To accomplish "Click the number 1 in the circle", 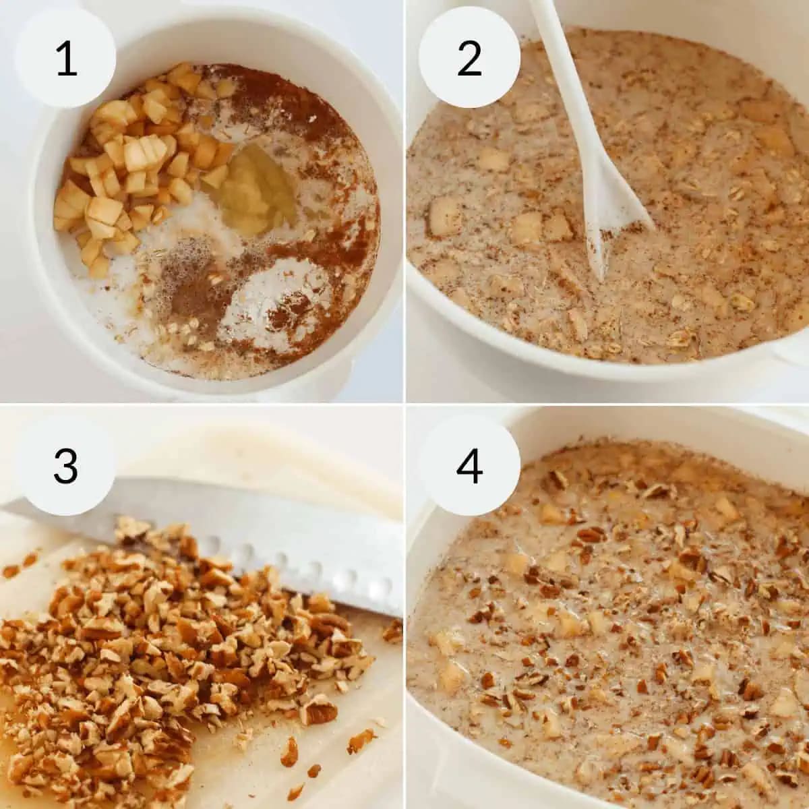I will pos(65,59).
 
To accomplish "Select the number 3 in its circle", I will pos(65,465).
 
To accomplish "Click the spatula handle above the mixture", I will pos(560,81).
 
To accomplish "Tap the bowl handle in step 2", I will pos(789,351).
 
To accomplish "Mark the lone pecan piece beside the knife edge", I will pos(391,630).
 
